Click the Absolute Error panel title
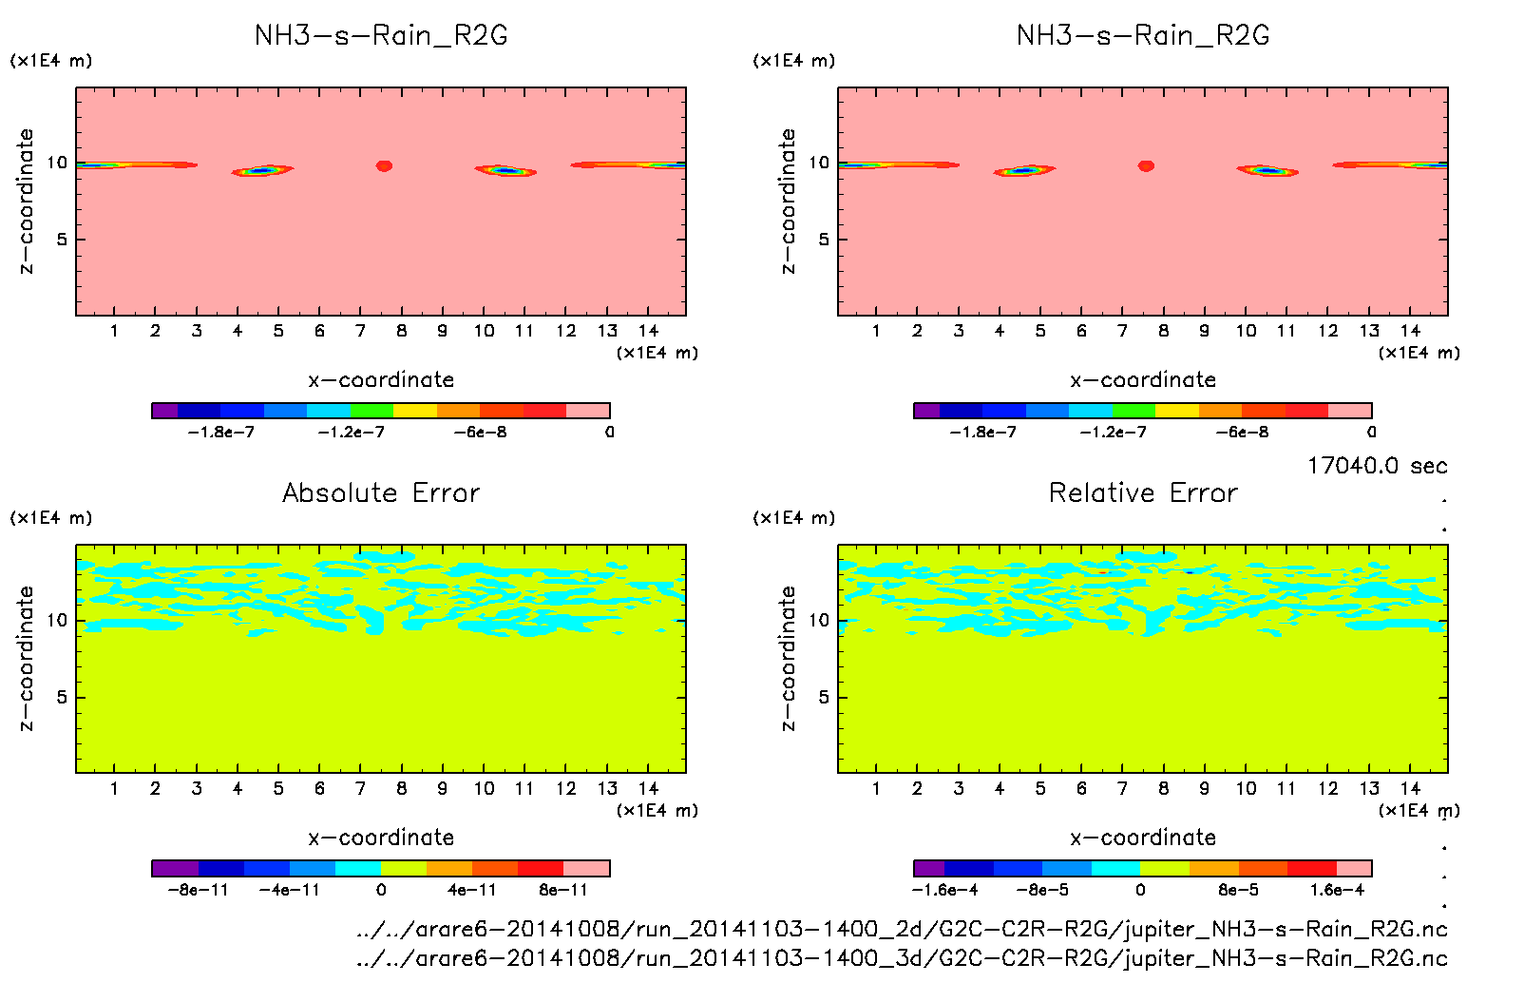[x=381, y=492]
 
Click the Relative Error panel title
[x=1143, y=492]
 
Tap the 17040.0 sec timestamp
[x=1377, y=466]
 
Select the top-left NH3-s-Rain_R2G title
[x=381, y=35]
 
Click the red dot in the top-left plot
[x=384, y=165]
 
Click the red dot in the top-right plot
[x=1146, y=165]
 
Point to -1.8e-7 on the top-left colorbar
[x=221, y=432]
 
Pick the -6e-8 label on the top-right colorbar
[x=1242, y=432]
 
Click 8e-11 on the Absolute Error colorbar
[x=563, y=890]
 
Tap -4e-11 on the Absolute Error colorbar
[x=290, y=890]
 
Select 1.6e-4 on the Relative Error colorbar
[x=1337, y=890]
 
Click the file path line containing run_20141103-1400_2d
[x=902, y=929]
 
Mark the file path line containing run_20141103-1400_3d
[x=902, y=958]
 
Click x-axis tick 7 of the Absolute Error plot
[x=360, y=788]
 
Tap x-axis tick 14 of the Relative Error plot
[x=1410, y=788]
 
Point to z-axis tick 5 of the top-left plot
[x=62, y=240]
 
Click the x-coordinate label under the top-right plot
[x=1143, y=379]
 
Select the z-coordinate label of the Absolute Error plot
[x=26, y=658]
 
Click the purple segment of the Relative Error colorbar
[x=928, y=868]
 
